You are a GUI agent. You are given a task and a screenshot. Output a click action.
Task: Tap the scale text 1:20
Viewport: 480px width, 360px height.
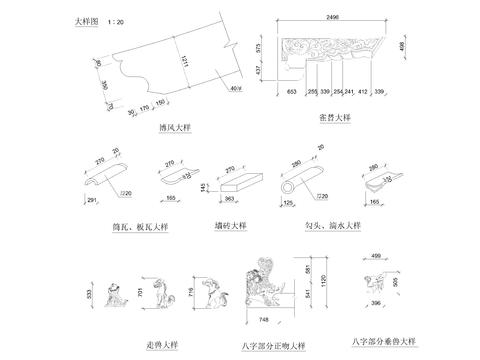118,21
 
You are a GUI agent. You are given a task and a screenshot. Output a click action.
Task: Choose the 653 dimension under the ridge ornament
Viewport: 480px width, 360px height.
291,91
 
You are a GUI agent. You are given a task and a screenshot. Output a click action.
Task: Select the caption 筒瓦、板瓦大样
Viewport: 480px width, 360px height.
138,227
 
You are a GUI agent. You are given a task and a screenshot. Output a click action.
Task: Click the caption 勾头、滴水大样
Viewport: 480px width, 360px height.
333,227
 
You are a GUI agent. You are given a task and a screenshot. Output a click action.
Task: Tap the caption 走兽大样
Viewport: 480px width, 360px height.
160,344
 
